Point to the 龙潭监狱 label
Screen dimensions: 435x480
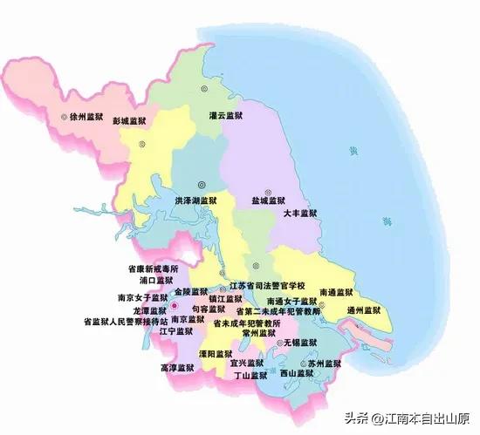click(x=149, y=310)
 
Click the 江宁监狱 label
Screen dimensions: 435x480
click(x=176, y=331)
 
